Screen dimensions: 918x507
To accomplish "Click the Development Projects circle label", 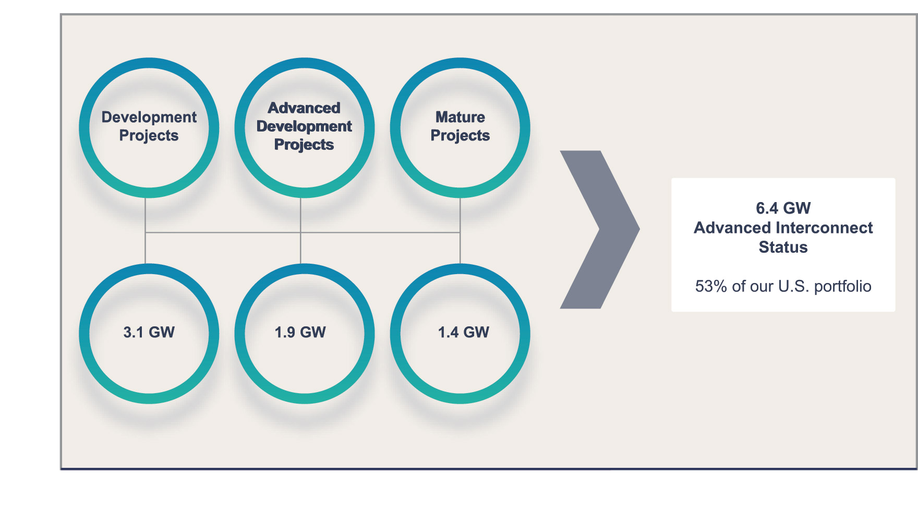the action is click(149, 126).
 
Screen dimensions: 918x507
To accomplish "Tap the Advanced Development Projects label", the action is click(304, 126).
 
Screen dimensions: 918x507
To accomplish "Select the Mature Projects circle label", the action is click(460, 126).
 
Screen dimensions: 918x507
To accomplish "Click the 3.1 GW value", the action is click(149, 332).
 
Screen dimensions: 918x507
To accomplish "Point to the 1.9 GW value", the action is click(300, 332).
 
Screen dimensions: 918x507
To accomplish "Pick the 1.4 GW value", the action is click(463, 332).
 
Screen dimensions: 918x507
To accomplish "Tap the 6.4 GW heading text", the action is click(783, 208).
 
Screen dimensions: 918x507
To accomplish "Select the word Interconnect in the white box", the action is click(824, 228).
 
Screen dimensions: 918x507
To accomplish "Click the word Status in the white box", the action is click(783, 247).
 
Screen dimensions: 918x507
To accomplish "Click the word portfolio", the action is click(842, 287).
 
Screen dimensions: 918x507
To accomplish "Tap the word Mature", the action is click(460, 117).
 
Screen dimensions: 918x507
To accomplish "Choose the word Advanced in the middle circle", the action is click(304, 108).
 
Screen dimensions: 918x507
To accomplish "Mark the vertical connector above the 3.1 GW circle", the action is click(146, 248).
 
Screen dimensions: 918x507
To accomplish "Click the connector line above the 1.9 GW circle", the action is click(300, 248).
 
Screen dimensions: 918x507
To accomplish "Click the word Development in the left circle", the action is click(149, 117).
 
